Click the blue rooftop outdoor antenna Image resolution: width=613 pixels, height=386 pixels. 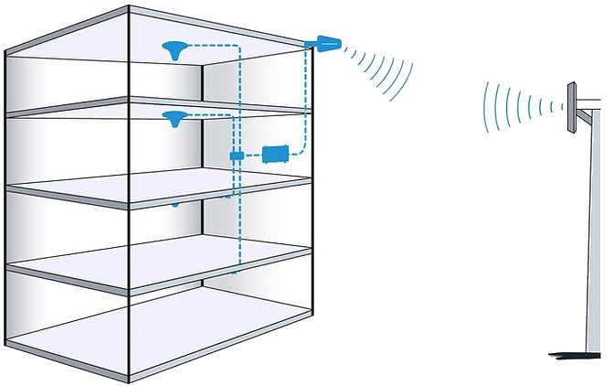coord(327,42)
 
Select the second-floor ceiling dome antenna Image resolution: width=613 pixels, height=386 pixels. coord(173,117)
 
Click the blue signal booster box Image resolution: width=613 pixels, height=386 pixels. coord(274,153)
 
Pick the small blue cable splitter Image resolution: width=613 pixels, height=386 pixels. coord(237,156)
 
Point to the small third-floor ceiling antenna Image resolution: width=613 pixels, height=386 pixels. coord(175,205)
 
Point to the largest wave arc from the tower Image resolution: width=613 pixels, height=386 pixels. coord(486,103)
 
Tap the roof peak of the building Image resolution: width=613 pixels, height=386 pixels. coord(129,8)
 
